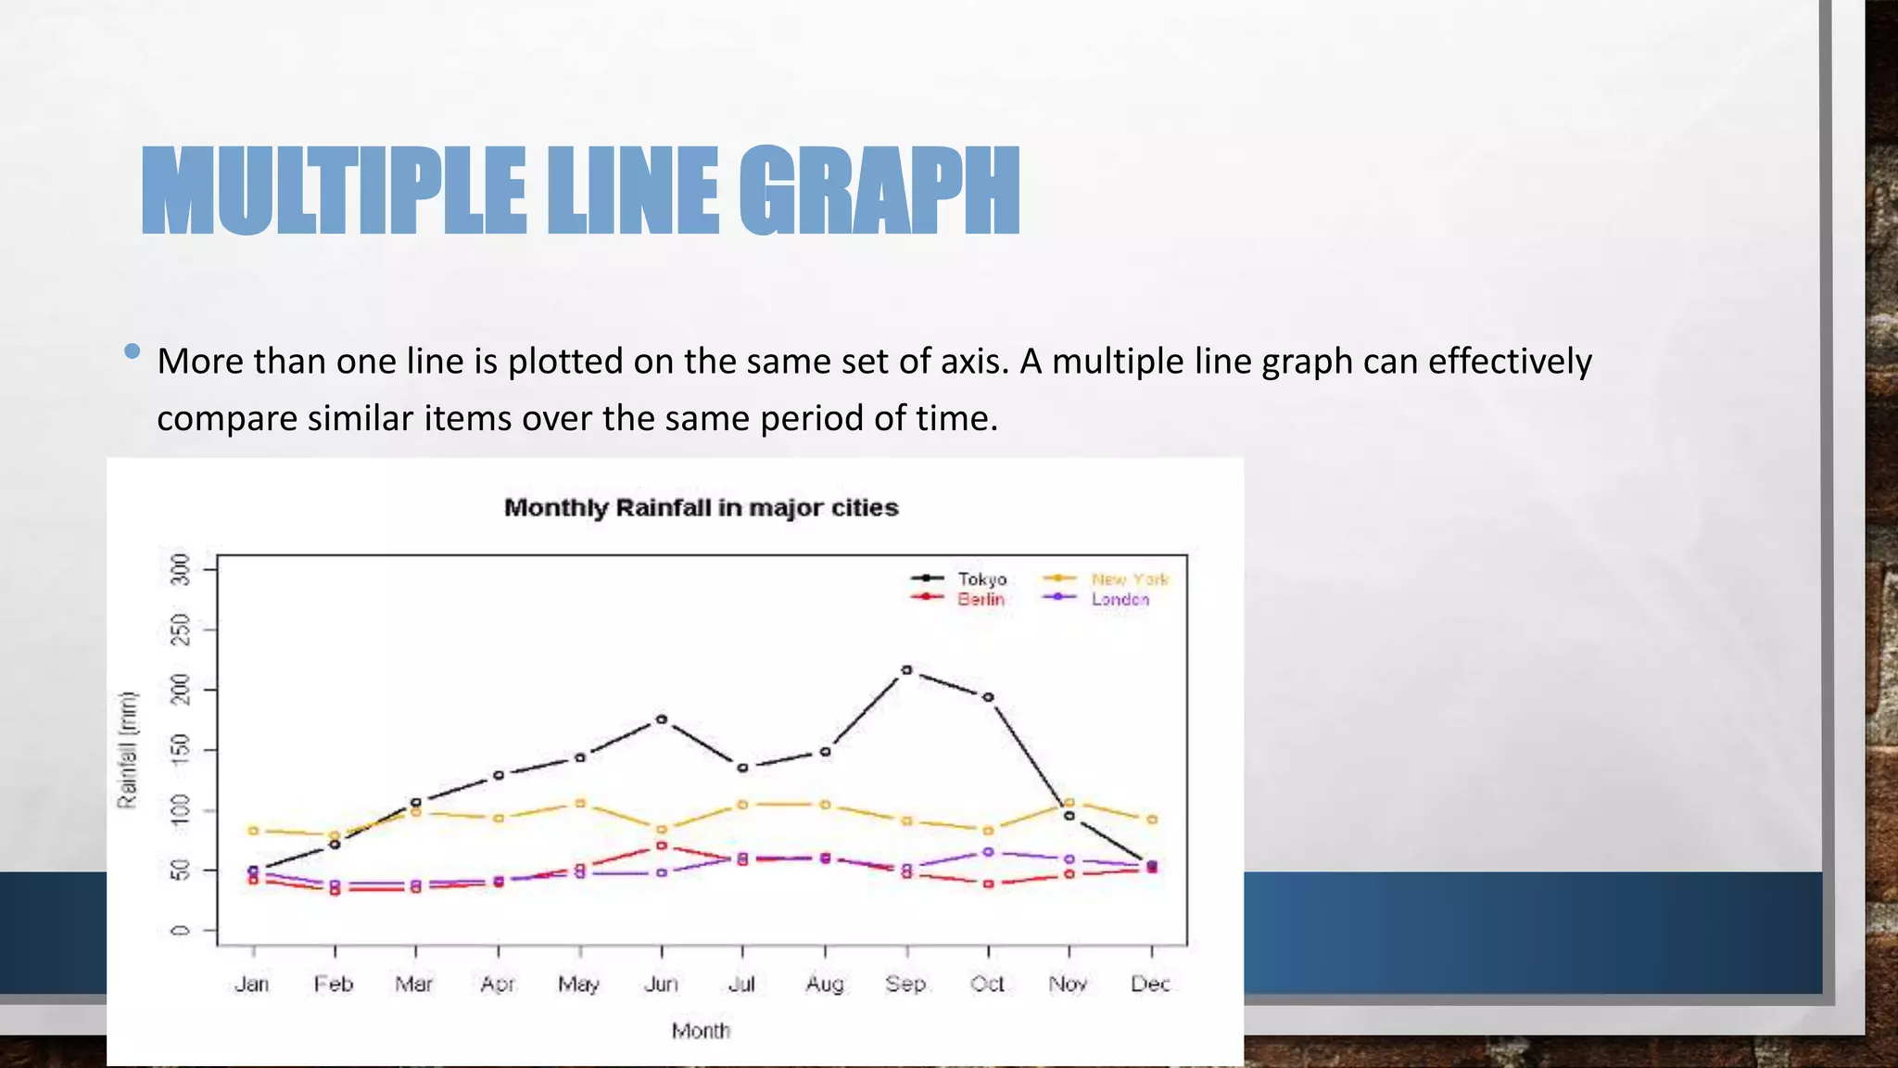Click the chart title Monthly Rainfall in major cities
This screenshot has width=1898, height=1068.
point(701,508)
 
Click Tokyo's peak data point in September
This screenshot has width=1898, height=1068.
point(906,669)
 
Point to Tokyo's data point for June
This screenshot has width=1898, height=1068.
point(662,718)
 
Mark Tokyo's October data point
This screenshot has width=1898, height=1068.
point(988,697)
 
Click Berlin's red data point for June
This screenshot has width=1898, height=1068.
point(662,845)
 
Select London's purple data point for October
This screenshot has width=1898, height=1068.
point(988,851)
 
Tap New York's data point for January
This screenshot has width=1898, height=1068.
point(253,830)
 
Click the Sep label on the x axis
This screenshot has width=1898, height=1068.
point(905,984)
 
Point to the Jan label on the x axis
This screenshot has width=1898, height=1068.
point(252,984)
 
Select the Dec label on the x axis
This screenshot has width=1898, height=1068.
point(1150,984)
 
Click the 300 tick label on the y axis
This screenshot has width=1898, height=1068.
point(181,569)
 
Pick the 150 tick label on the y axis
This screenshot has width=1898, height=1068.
point(181,750)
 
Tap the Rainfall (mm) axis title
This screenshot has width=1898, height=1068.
point(127,749)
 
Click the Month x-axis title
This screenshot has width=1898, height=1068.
point(701,1031)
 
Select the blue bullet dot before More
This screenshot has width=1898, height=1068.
point(132,351)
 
